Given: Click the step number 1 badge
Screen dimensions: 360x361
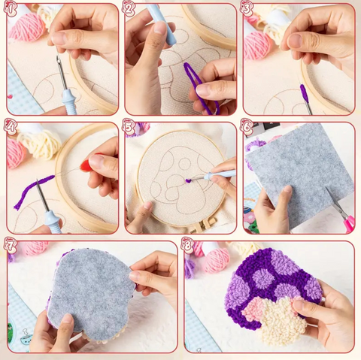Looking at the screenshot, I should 11,9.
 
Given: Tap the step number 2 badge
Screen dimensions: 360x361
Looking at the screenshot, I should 129,9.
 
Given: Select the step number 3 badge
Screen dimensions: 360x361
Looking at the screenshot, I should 247,9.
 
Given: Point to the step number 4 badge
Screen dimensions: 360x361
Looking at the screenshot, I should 11,126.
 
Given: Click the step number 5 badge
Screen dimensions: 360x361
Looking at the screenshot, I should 129,126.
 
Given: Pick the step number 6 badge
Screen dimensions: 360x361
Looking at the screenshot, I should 247,126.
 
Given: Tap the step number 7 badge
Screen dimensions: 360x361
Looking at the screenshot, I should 11,244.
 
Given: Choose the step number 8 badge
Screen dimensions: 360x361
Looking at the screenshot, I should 188,244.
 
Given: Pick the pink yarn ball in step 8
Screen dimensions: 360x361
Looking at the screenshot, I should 215,259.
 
